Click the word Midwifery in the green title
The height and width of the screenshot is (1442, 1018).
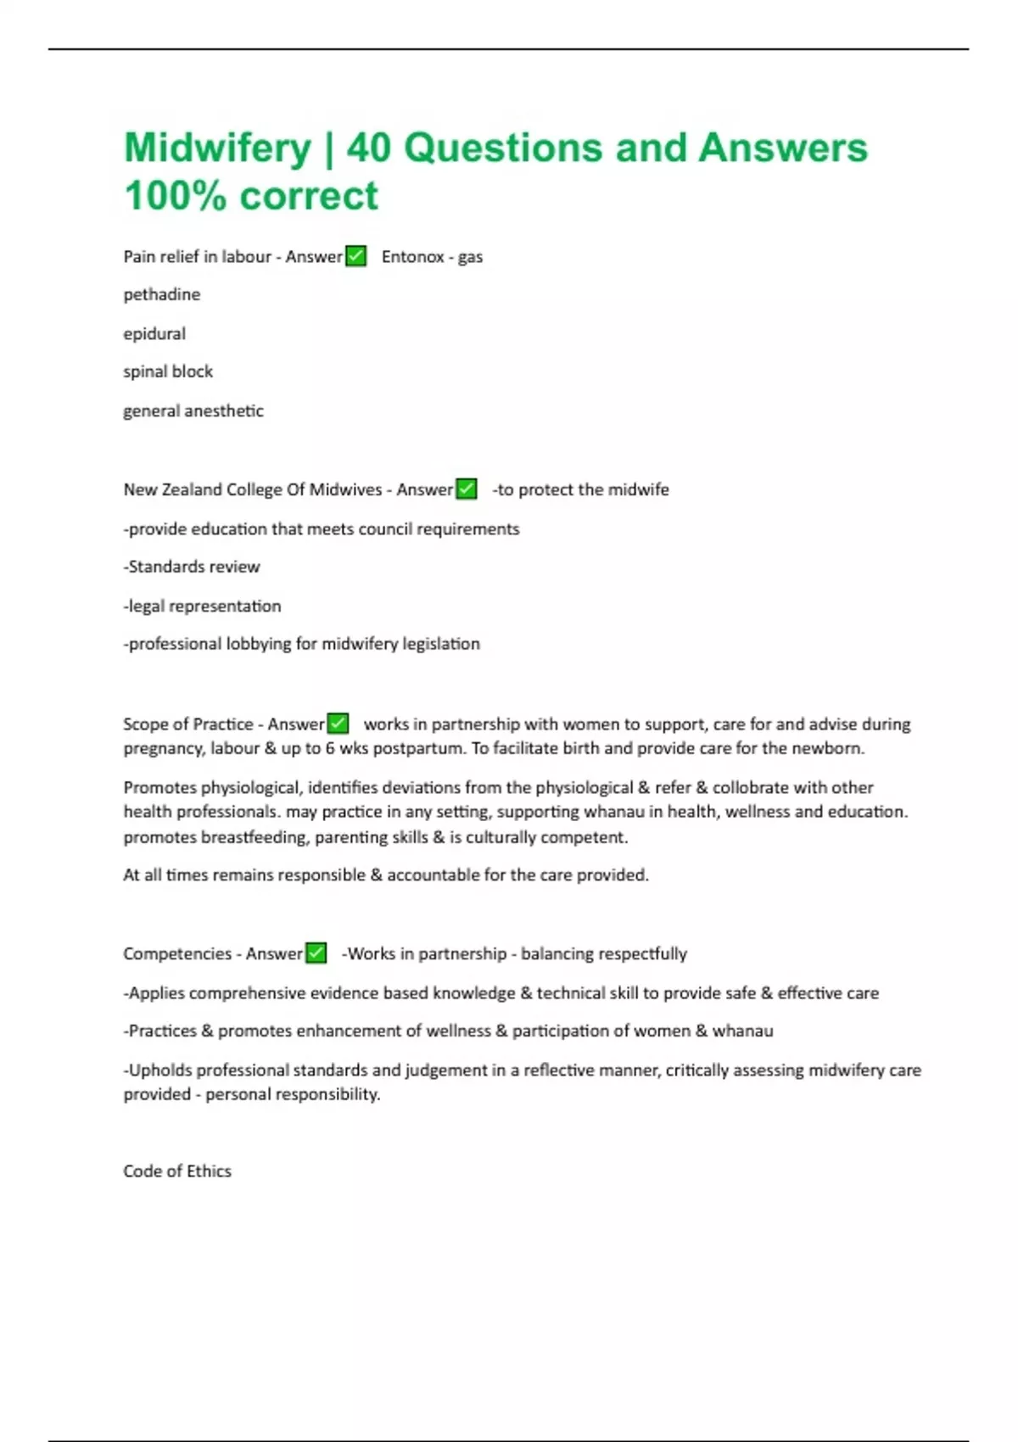[218, 148]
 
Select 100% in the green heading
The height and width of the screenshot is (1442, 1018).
[175, 196]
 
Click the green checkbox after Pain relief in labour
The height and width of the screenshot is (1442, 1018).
[356, 256]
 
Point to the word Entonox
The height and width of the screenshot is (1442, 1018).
[412, 257]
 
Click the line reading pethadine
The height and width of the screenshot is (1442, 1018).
[162, 295]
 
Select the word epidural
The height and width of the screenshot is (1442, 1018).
[154, 334]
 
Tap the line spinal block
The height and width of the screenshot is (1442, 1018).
[168, 372]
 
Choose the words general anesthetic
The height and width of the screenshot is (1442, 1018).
[193, 411]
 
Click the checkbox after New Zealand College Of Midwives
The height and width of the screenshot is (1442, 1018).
[467, 489]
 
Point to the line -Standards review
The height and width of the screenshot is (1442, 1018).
[192, 567]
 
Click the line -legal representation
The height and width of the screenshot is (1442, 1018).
[202, 606]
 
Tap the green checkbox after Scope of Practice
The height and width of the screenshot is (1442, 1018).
[338, 724]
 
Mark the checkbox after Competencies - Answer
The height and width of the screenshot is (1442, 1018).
[316, 953]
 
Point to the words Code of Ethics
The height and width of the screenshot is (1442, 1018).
[177, 1171]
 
